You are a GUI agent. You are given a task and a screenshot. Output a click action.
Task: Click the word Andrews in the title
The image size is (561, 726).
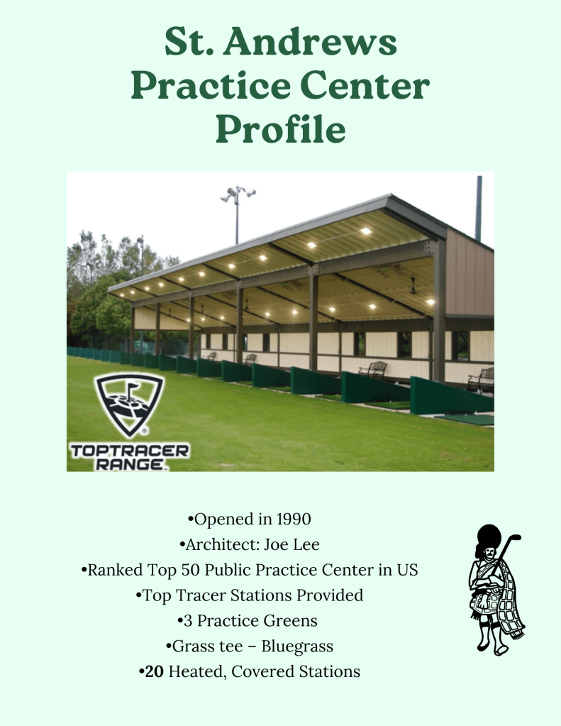[311, 42]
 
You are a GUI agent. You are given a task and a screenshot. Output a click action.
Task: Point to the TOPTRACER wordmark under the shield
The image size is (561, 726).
[130, 451]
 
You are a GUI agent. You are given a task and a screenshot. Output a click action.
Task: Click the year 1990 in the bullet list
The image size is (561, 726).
[294, 519]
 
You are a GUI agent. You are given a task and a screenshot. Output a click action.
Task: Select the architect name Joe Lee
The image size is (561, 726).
[291, 544]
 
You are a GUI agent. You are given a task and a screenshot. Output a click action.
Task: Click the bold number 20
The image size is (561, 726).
[154, 671]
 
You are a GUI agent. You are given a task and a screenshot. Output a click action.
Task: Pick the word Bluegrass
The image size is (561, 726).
[297, 647]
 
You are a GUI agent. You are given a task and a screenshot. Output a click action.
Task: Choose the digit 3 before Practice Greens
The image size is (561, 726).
[188, 621]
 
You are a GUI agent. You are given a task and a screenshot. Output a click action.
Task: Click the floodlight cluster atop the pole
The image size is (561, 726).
[238, 194]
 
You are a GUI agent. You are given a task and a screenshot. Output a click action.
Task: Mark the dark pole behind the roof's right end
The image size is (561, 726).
[479, 208]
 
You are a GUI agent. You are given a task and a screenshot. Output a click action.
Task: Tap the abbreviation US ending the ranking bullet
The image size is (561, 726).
[407, 570]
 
